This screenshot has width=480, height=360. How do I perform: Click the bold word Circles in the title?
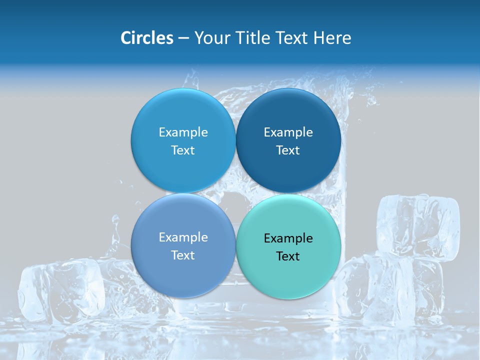[147, 38]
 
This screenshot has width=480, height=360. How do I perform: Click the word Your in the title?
[210, 38]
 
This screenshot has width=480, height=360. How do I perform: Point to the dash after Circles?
[183, 38]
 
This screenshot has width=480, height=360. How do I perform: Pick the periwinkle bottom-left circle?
[183, 270]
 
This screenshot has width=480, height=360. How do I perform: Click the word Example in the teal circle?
[288, 238]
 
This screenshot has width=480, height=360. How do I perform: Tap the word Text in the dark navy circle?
[288, 150]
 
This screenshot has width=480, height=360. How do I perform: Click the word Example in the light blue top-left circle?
[183, 132]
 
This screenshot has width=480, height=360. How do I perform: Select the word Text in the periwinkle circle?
[183, 255]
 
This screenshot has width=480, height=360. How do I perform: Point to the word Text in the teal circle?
[288, 256]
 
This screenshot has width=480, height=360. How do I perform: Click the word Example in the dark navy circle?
[288, 132]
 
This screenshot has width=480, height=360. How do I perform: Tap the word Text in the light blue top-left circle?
[183, 150]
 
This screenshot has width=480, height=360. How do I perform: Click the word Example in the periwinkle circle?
[183, 237]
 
